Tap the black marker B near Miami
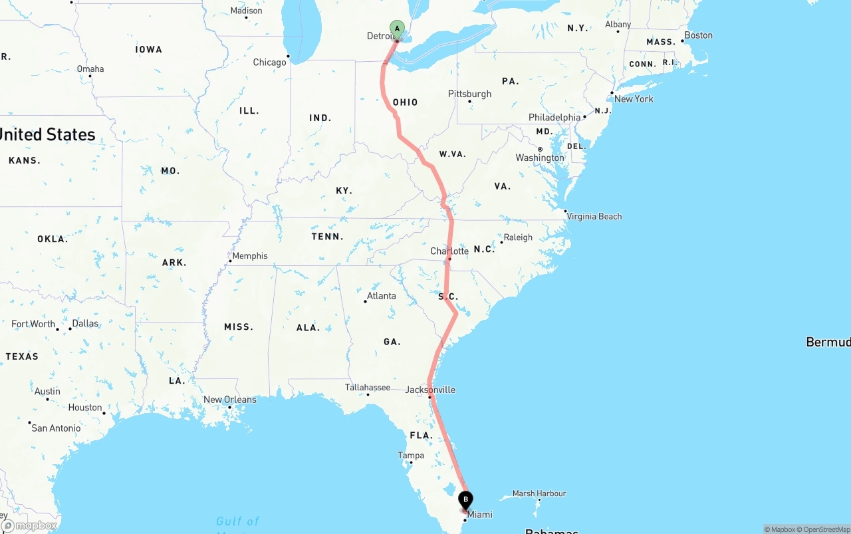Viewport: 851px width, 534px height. coord(466,499)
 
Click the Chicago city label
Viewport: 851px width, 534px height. coord(269,63)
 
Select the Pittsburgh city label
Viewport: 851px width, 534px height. coord(469,94)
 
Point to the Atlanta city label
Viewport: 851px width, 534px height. coord(381,296)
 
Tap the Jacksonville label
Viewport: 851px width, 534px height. coord(430,390)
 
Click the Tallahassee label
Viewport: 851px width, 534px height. coord(368,387)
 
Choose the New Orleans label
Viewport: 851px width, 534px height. coord(229,400)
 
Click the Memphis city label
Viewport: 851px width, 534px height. coord(250,256)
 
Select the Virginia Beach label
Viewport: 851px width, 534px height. coord(594,216)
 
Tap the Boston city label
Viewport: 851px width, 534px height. coord(698,35)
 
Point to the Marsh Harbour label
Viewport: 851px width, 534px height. coord(539,493)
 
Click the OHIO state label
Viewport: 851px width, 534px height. coord(406,102)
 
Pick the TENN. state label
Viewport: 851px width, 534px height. coord(328,237)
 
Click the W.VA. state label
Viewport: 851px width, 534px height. coord(453,154)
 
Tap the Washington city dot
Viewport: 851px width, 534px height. coord(540,149)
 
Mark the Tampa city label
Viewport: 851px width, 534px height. coord(411,456)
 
